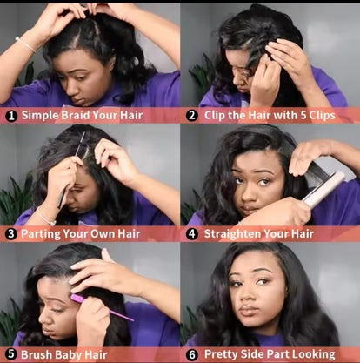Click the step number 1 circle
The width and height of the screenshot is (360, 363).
(x=11, y=116)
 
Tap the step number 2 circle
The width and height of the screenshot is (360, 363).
(x=192, y=116)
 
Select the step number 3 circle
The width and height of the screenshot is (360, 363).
(x=11, y=234)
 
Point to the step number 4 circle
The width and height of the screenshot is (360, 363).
(x=192, y=234)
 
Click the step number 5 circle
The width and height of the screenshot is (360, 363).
(x=11, y=354)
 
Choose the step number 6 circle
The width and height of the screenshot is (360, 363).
(x=192, y=354)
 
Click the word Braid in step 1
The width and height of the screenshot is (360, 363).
(x=71, y=115)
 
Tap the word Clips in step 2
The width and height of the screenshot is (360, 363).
(x=322, y=116)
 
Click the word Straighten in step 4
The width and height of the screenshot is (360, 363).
(x=232, y=234)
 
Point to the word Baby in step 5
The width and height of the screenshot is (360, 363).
(x=68, y=354)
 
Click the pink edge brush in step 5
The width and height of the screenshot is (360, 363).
(x=102, y=307)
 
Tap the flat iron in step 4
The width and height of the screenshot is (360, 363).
(x=323, y=189)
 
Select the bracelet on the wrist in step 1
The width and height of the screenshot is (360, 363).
(x=25, y=44)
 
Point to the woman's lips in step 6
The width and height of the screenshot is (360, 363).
(x=249, y=311)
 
